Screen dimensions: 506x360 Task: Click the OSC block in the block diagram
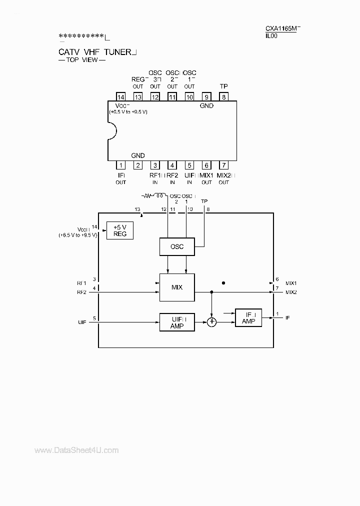pos(176,246)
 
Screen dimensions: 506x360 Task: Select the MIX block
pos(176,287)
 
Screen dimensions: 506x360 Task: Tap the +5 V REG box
pos(120,231)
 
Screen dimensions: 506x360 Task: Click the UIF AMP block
pos(176,322)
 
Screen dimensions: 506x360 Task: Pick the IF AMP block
pos(248,317)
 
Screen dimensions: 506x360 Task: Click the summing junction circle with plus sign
pos(212,322)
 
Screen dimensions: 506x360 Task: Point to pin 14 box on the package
pos(120,97)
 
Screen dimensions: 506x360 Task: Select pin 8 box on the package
pos(223,97)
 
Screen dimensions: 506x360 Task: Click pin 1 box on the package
pos(120,165)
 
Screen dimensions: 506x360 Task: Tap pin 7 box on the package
pos(223,165)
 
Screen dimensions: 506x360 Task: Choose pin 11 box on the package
pos(172,97)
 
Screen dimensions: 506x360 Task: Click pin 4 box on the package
pos(172,165)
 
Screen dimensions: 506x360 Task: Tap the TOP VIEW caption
pos(82,60)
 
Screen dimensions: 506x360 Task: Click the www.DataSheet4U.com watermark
pos(76,450)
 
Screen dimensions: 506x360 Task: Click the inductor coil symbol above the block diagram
pos(160,196)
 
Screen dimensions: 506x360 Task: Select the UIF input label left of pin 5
pos(81,322)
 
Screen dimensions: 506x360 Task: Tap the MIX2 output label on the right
pos(291,292)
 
